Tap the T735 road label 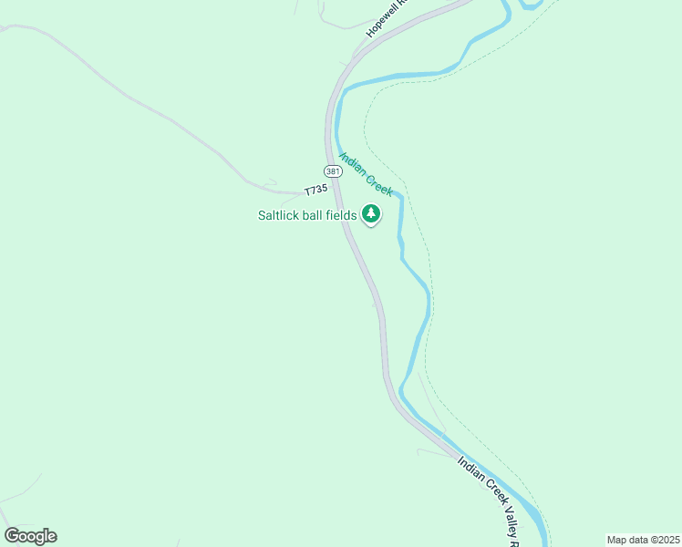click(315, 189)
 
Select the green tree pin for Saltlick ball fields click(370, 214)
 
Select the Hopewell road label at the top click(386, 19)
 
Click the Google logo click(30, 536)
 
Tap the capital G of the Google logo click(13, 536)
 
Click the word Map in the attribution click(617, 538)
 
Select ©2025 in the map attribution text click(663, 538)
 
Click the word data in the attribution click(637, 538)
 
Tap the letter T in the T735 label click(307, 191)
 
